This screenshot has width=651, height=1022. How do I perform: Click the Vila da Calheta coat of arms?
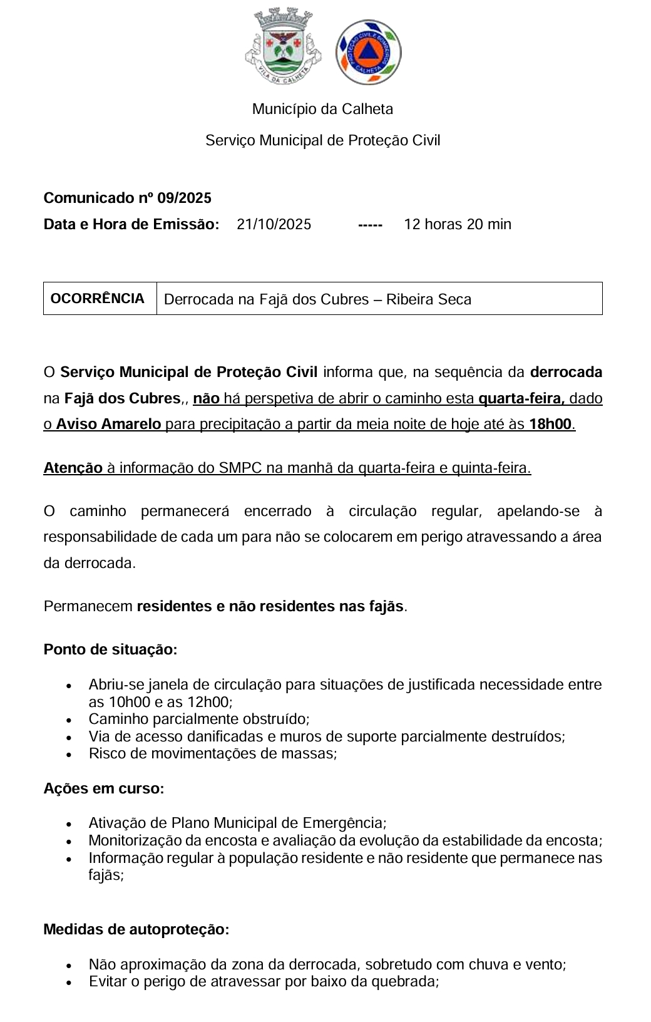click(283, 46)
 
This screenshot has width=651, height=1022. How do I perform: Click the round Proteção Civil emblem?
click(369, 52)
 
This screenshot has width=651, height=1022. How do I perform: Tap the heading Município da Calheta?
click(322, 109)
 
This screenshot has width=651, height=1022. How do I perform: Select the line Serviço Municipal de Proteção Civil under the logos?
click(322, 140)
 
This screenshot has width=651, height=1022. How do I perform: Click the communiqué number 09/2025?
click(184, 198)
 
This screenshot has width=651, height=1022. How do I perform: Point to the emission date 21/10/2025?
click(274, 224)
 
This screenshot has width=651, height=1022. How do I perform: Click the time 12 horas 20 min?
click(458, 224)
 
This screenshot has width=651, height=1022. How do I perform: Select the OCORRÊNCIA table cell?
click(98, 299)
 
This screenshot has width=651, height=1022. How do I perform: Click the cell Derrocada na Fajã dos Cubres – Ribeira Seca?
click(317, 299)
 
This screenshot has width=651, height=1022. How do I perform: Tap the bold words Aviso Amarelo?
click(108, 424)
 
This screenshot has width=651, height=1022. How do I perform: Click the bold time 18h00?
click(550, 424)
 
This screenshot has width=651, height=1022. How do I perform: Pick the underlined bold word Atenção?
click(73, 468)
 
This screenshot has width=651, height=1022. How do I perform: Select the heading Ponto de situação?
click(110, 649)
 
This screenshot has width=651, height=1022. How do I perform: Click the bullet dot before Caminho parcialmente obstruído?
click(69, 721)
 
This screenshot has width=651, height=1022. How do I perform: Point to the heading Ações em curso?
click(103, 788)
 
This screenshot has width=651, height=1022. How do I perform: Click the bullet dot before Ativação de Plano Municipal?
click(69, 825)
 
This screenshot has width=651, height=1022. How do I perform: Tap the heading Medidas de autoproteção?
click(136, 929)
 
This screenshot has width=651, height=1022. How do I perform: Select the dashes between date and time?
click(370, 225)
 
